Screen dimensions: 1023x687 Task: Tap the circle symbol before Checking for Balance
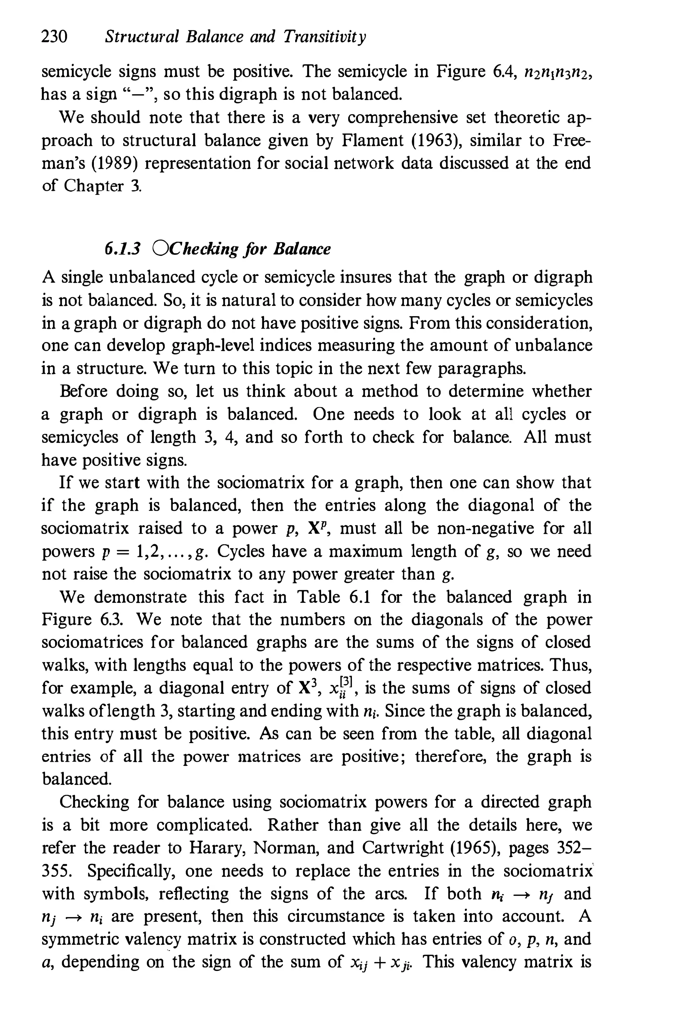click(x=161, y=248)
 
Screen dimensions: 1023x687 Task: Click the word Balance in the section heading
click(x=302, y=249)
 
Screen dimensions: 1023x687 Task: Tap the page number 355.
click(x=57, y=870)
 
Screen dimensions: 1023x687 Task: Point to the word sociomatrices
click(x=92, y=642)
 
